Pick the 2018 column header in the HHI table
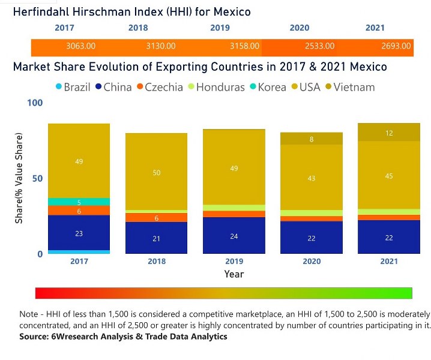pyautogui.click(x=138, y=28)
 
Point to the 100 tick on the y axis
pyautogui.click(x=35, y=104)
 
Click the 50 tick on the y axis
pyautogui.click(x=38, y=179)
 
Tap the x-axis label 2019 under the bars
pyautogui.click(x=234, y=262)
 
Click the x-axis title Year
pyautogui.click(x=234, y=274)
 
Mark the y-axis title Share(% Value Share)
pyautogui.click(x=19, y=179)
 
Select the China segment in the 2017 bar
pyautogui.click(x=79, y=233)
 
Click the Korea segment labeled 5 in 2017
pyautogui.click(x=79, y=202)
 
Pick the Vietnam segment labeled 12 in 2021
pyautogui.click(x=389, y=133)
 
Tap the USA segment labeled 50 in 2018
pyautogui.click(x=156, y=172)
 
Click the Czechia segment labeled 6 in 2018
pyautogui.click(x=156, y=218)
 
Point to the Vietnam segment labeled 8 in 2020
pyautogui.click(x=312, y=139)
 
